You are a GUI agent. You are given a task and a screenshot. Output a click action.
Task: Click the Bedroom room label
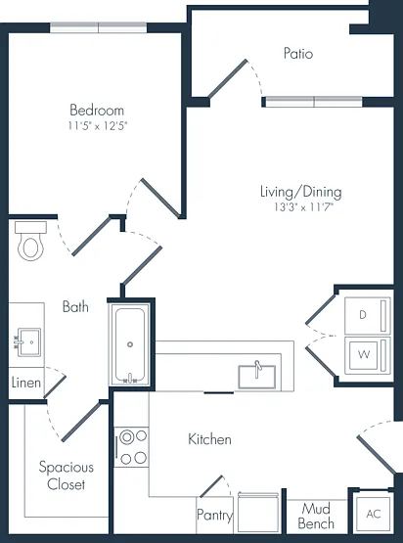point(97,111)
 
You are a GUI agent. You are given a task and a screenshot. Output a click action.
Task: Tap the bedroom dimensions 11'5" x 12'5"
point(98,125)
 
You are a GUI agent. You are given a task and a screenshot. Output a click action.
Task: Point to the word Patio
point(298,54)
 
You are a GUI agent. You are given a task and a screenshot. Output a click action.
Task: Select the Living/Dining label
point(301,192)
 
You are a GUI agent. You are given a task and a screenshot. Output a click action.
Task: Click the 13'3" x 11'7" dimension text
point(303,207)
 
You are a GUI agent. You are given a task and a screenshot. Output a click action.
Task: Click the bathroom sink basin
point(29,342)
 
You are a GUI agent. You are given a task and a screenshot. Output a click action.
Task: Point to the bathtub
point(130,344)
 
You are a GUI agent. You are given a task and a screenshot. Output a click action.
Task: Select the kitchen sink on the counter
point(257,376)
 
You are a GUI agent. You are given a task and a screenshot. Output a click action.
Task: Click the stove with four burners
point(132,447)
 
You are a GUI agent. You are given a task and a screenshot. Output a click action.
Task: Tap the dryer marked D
point(368,315)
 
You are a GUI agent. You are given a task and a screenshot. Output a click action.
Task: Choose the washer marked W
point(368,355)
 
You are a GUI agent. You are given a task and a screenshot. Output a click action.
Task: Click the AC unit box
point(374,514)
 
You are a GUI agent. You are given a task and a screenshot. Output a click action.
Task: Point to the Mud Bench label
point(316,516)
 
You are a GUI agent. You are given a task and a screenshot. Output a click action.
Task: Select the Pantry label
point(214,515)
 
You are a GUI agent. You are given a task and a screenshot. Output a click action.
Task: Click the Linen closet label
point(26,383)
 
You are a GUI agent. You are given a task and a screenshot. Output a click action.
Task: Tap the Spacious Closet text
point(67,475)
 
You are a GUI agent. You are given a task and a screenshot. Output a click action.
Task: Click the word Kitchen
point(209,439)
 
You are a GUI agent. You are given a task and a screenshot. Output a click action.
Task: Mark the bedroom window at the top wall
point(99,27)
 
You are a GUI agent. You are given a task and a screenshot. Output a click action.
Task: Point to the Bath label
point(75,307)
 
